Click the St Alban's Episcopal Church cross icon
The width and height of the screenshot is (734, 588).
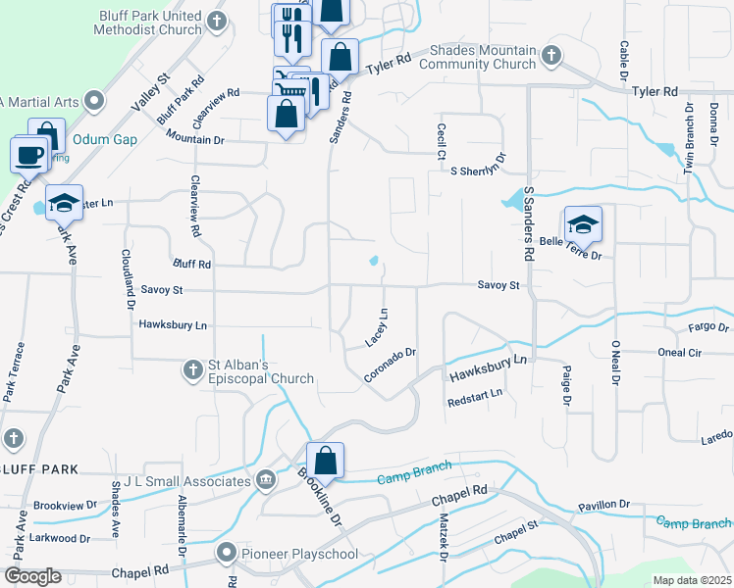(193, 369)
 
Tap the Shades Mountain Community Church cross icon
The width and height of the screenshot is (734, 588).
(551, 55)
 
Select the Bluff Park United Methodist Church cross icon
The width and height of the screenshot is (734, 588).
(218, 19)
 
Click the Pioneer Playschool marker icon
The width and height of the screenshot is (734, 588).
(228, 554)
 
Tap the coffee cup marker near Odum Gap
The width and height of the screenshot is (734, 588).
(28, 155)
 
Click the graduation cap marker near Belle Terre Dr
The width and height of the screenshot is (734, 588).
(582, 224)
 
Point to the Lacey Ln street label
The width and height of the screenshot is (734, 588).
(377, 327)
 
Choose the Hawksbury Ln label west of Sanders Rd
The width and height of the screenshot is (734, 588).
(174, 324)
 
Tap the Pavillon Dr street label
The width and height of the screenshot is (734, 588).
(603, 504)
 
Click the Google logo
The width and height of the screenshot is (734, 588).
(32, 577)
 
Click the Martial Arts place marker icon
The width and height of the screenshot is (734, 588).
(94, 100)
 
